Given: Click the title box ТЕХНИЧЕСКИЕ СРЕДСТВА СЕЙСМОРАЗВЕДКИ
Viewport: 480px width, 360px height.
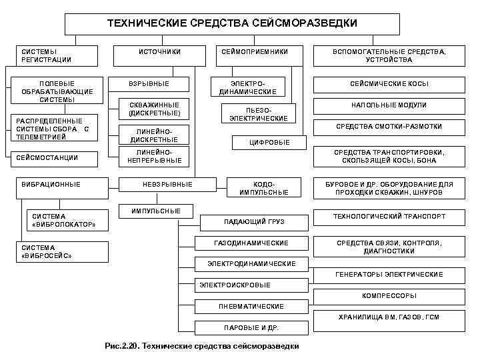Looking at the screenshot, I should pyautogui.click(x=232, y=23).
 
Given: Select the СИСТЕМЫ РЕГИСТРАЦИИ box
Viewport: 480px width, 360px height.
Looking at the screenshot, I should pyautogui.click(x=57, y=55).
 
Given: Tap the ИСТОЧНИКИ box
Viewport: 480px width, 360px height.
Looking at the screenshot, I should pyautogui.click(x=159, y=51).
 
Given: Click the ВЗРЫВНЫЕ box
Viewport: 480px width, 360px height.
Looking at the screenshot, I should pyautogui.click(x=149, y=84).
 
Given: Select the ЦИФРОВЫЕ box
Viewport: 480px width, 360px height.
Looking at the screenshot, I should pyautogui.click(x=269, y=142).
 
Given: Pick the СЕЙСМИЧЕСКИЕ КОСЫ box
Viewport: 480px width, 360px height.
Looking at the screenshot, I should pyautogui.click(x=389, y=84).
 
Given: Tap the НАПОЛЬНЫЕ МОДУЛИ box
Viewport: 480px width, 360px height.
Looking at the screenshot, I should pyautogui.click(x=389, y=105).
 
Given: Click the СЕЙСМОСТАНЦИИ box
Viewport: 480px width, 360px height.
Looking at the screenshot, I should pyautogui.click(x=56, y=158).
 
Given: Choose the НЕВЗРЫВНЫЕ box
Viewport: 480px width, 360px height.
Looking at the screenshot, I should pyautogui.click(x=167, y=184).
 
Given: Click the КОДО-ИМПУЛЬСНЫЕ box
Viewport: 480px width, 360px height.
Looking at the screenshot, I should pyautogui.click(x=264, y=188).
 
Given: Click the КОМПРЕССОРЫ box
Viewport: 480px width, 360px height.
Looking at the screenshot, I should pyautogui.click(x=389, y=295).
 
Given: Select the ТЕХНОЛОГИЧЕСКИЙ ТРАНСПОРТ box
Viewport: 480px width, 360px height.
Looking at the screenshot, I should pyautogui.click(x=389, y=217).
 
